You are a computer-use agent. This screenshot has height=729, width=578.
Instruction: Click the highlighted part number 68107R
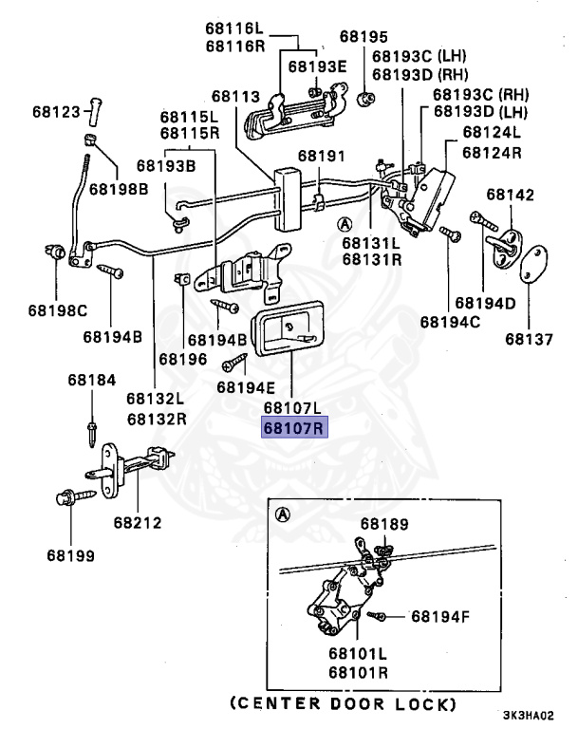click(294, 428)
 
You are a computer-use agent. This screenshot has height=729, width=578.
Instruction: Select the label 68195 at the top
click(364, 37)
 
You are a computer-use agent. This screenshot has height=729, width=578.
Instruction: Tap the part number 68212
click(138, 522)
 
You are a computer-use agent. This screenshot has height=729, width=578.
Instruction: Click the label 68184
click(92, 380)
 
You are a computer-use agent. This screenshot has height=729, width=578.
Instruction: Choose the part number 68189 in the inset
click(384, 524)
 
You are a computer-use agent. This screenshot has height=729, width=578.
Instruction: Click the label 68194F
click(440, 617)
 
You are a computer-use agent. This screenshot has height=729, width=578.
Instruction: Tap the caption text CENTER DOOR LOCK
click(343, 705)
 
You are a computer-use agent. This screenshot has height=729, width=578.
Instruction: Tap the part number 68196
click(182, 359)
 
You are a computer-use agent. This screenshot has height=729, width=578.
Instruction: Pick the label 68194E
click(245, 386)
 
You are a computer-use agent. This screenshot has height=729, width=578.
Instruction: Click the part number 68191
click(322, 156)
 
